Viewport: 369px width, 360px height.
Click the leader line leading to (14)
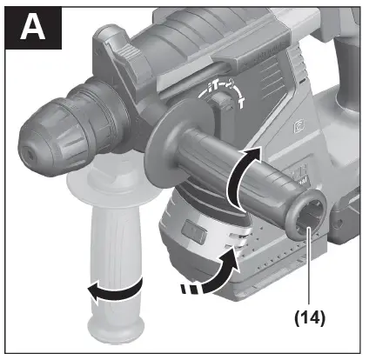point(309,270)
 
